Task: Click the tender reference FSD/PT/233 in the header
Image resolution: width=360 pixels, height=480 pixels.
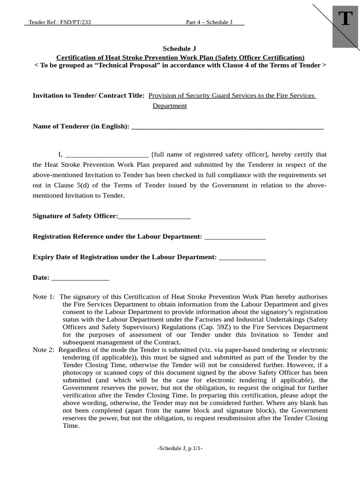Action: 60,22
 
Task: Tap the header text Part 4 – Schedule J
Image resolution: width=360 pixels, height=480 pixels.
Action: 209,22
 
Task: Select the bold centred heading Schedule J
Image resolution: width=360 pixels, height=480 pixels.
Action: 179,48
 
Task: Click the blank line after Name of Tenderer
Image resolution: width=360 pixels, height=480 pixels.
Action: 227,127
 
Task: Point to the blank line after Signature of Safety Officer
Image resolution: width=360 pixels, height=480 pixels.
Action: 155,217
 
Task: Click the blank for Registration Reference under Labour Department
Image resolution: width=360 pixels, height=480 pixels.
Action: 235,237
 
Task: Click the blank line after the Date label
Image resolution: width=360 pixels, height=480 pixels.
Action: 80,278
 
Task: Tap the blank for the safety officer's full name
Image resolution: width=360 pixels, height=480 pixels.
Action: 107,155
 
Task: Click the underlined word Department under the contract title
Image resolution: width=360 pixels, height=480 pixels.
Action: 170,106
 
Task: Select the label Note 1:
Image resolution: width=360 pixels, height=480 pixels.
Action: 44,297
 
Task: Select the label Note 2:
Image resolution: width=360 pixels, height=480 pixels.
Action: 44,349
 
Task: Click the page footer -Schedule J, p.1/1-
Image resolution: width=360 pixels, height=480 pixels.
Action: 180,448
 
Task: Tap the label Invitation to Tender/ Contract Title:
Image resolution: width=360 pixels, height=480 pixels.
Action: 89,96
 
